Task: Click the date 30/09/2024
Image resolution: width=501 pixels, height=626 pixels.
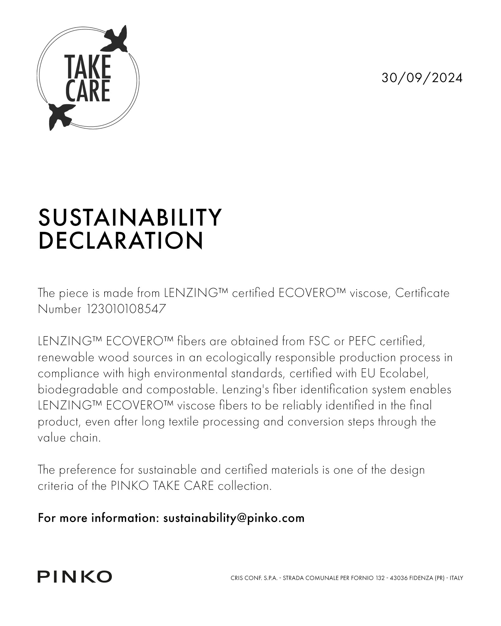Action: tap(422, 78)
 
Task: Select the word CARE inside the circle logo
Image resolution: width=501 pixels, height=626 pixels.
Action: tap(88, 91)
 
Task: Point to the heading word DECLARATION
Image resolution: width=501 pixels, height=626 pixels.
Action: tap(120, 240)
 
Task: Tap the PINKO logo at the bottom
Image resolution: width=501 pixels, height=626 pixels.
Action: tap(75, 577)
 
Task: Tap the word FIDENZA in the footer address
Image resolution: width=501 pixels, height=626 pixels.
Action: tap(421, 578)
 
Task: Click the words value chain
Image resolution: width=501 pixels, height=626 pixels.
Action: tap(69, 438)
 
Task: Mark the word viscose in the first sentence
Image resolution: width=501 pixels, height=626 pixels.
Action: tap(369, 293)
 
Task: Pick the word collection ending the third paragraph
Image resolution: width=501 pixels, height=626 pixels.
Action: tap(245, 486)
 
